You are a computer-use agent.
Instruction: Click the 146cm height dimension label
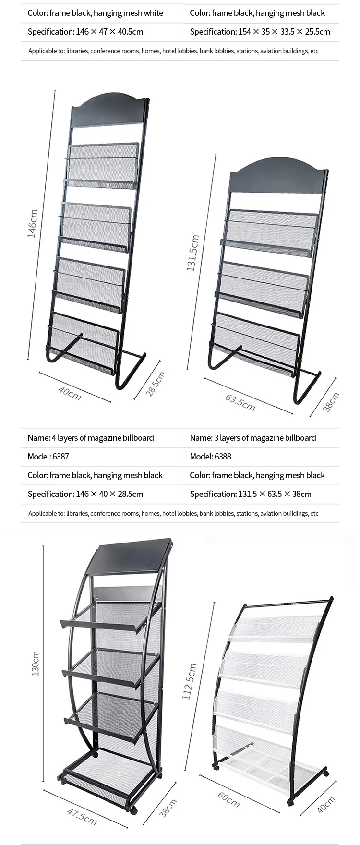point(32,224)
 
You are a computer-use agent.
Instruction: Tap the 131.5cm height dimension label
point(192,253)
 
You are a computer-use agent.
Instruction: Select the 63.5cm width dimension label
point(240,402)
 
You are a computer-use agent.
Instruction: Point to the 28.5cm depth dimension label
point(156,384)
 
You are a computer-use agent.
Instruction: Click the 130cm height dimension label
point(35,664)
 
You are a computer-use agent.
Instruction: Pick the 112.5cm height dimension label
point(189,681)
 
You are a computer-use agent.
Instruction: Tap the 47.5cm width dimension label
point(82,816)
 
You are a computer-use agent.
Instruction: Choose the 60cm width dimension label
point(228,799)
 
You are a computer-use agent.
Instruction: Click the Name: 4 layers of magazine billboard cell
point(91,437)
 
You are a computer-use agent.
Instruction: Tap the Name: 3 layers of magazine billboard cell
point(253,437)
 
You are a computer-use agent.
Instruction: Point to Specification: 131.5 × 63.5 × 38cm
point(251,494)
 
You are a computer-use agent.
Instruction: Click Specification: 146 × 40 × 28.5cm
point(85,494)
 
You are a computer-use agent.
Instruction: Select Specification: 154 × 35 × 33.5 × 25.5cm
point(260,32)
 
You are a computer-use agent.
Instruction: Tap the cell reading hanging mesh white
point(95,13)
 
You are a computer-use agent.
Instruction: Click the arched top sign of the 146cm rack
point(108,109)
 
